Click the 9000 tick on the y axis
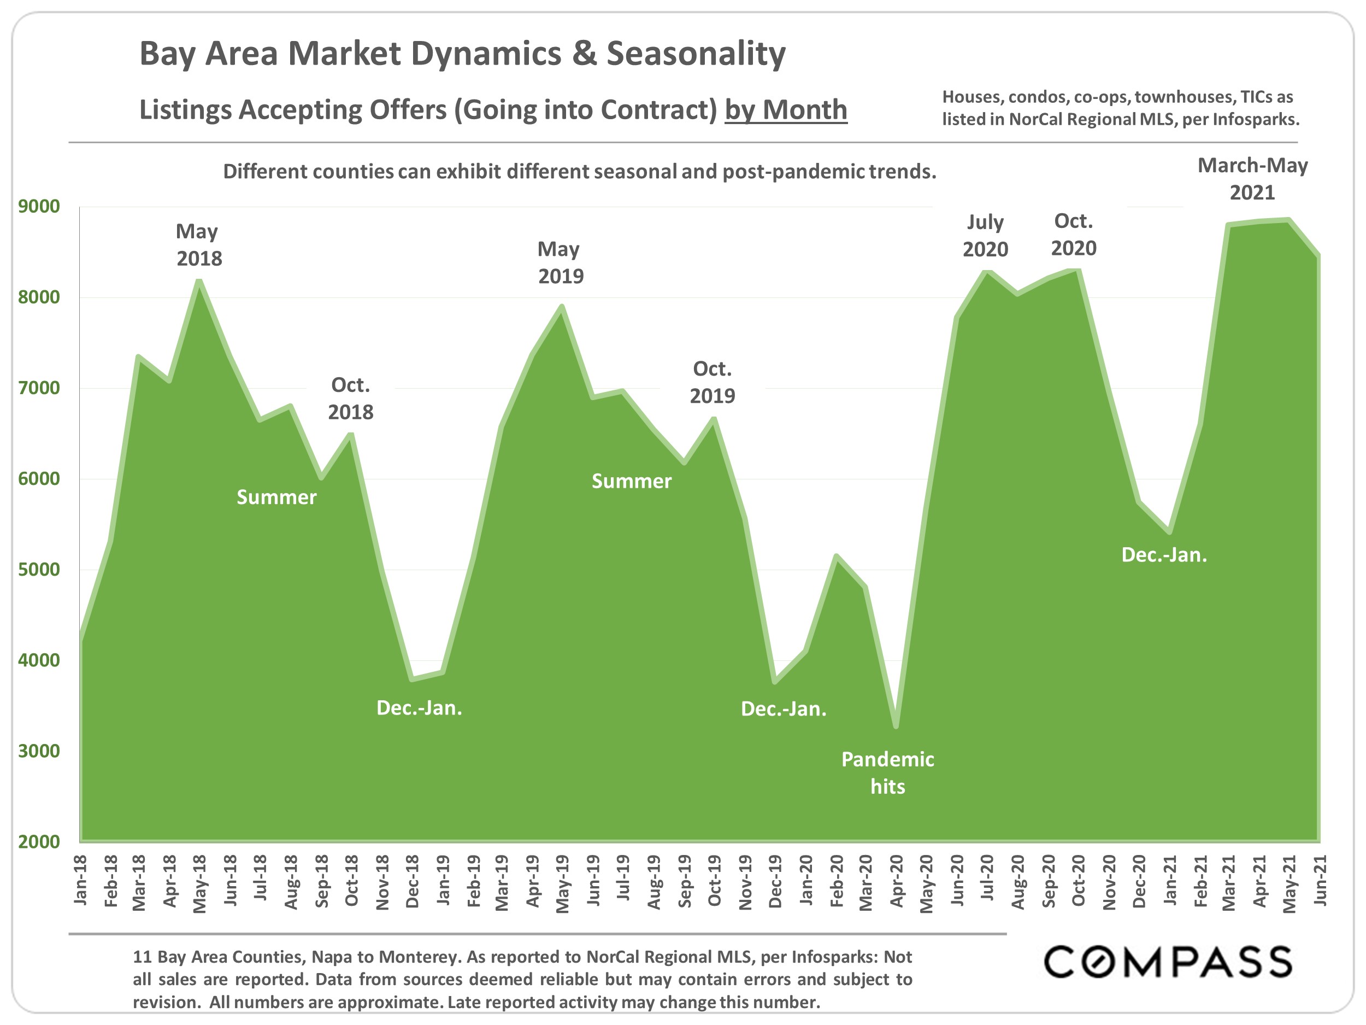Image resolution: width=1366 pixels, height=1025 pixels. coord(39,206)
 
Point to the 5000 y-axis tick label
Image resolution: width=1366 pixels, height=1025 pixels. coord(39,569)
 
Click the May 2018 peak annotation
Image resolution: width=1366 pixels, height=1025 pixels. coord(198,245)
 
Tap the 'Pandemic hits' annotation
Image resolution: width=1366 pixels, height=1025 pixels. coord(887,772)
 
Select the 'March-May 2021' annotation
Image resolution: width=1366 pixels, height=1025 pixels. coord(1252,179)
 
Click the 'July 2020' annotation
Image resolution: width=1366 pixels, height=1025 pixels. coord(985,236)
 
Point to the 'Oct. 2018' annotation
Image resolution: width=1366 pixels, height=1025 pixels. coord(350,399)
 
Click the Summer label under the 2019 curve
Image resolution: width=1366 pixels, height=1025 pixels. coord(631,481)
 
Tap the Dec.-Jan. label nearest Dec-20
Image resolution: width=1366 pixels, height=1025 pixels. coord(1163,555)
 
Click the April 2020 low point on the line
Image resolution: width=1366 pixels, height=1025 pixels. coord(896,727)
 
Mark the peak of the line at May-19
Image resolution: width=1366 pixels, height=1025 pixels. coord(562,306)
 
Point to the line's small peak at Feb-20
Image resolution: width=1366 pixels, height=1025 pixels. coord(836,555)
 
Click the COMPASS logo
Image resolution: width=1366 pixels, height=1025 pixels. coord(1167,962)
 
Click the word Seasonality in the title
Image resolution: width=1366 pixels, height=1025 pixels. coord(696,53)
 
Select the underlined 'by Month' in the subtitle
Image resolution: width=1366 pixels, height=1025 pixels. coord(786,110)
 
